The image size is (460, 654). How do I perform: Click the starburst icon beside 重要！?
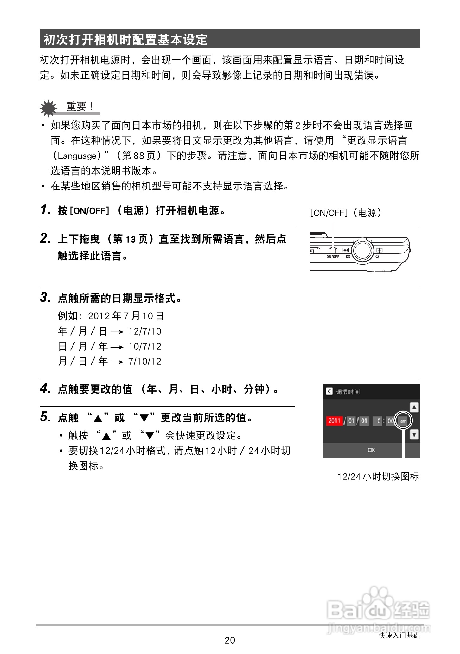pos(48,108)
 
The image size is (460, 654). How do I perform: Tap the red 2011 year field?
pos(334,421)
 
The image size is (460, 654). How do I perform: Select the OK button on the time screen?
pos(371,450)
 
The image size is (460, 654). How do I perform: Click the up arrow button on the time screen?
pos(414,407)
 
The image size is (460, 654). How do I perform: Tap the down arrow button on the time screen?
pos(414,434)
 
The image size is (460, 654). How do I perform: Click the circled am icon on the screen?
pos(403,421)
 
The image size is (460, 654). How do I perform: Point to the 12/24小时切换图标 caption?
pos(378,477)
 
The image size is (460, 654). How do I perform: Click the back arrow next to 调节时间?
pos(329,392)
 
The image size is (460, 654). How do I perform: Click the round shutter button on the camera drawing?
pos(363,251)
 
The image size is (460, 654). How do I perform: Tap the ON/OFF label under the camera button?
pos(333,257)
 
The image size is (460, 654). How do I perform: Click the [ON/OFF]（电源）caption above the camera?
pos(346,213)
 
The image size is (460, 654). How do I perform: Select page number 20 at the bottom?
pos(230,640)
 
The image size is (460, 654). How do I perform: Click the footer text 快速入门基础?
pos(399,635)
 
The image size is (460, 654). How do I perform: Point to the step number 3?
pos(45,298)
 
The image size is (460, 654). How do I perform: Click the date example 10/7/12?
pos(145,347)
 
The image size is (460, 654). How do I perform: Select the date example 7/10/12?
pos(145,362)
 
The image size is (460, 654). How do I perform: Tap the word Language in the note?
pos(77,156)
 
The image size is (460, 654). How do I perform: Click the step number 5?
pos(45,417)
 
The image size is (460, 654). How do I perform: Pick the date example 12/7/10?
pos(145,331)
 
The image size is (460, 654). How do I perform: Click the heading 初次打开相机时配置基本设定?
pos(125,40)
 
